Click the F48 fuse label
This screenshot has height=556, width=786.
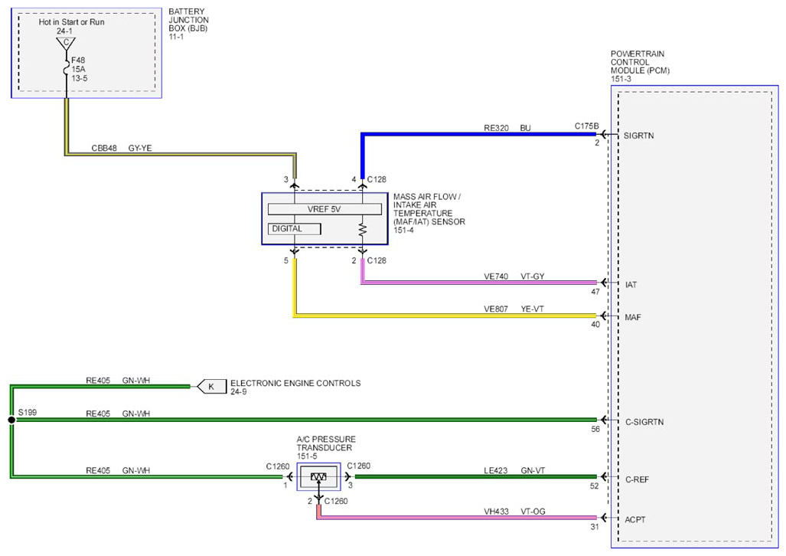click(78, 61)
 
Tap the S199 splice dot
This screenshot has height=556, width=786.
click(11, 420)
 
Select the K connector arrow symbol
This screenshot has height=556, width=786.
click(211, 387)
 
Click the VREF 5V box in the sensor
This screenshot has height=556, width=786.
click(325, 209)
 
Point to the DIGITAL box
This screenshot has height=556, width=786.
click(294, 229)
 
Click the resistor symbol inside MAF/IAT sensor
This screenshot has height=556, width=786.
click(363, 231)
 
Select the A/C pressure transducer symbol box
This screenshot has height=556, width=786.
click(318, 476)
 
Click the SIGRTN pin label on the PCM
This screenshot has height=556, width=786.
click(638, 136)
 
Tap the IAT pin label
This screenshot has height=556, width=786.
click(631, 285)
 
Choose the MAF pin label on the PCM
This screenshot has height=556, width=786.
click(633, 317)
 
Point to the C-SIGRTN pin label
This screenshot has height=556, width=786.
click(644, 422)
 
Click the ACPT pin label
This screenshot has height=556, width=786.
click(635, 519)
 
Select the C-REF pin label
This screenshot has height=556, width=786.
click(637, 479)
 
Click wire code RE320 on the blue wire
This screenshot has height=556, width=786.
click(496, 128)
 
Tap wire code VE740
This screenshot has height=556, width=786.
click(496, 276)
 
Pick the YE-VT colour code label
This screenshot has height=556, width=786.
click(533, 309)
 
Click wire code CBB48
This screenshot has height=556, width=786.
click(104, 148)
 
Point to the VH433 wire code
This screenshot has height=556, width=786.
click(496, 512)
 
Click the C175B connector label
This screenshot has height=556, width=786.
click(586, 126)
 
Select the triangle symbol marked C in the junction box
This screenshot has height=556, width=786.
click(66, 43)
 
